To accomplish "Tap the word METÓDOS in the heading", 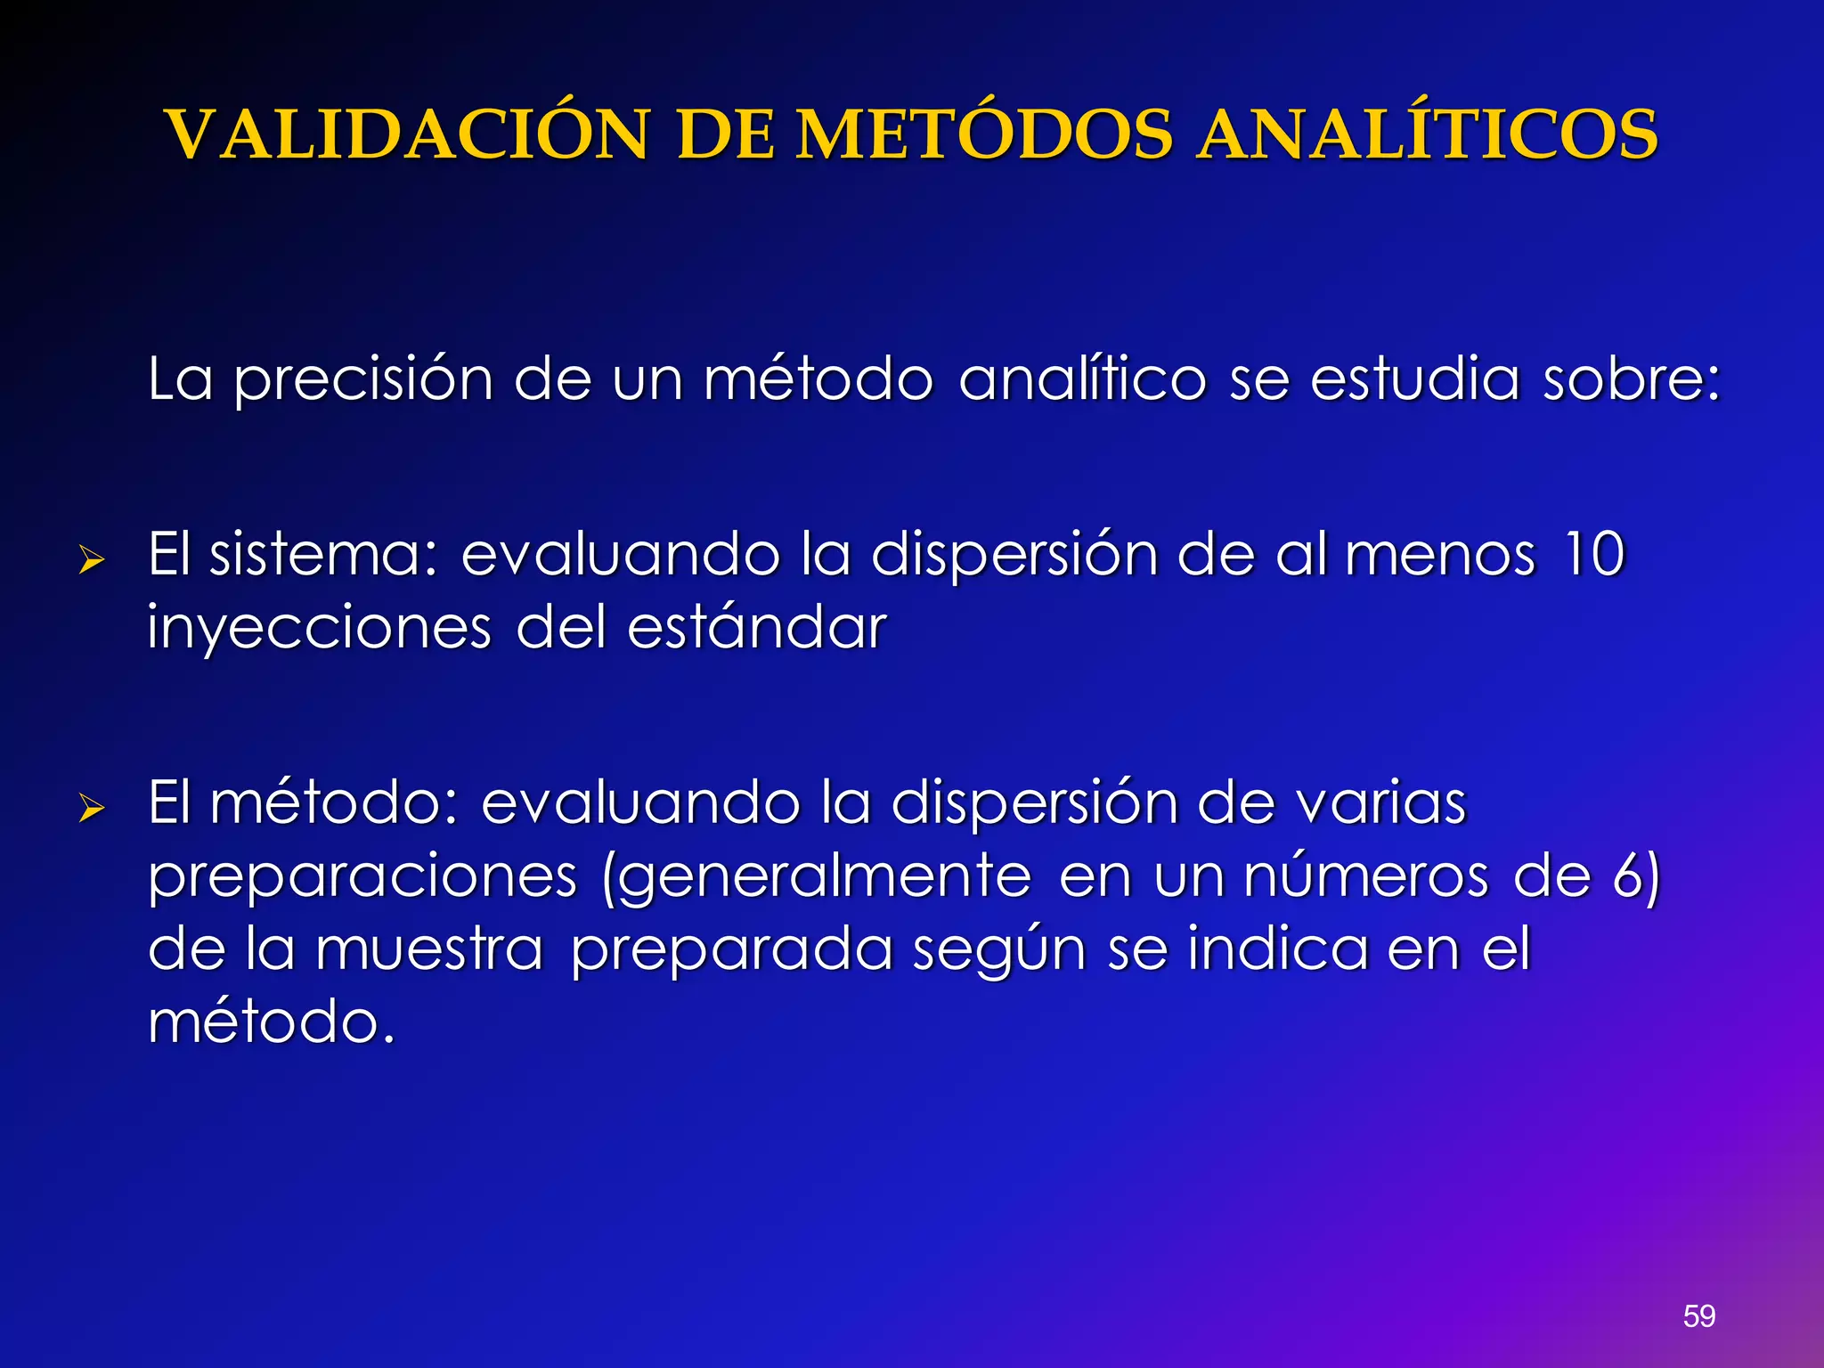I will point(985,135).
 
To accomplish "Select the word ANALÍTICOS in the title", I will point(1427,135).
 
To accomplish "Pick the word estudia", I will point(1415,379).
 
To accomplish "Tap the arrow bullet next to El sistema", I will point(91,561).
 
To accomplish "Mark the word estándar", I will point(757,627).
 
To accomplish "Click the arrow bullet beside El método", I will point(91,809).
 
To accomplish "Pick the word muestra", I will point(429,949).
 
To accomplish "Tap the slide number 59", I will point(1699,1315).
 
